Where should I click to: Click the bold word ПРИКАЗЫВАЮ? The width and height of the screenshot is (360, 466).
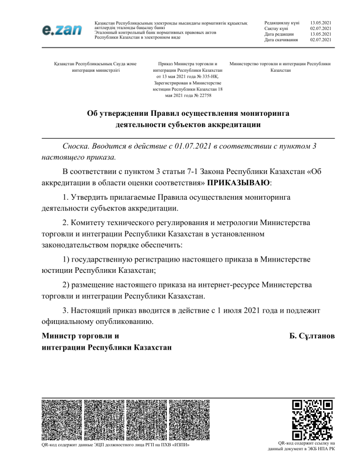coord(242,181)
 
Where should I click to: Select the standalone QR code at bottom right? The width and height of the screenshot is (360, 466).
coord(312,419)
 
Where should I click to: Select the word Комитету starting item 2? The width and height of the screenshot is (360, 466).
coord(91,220)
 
